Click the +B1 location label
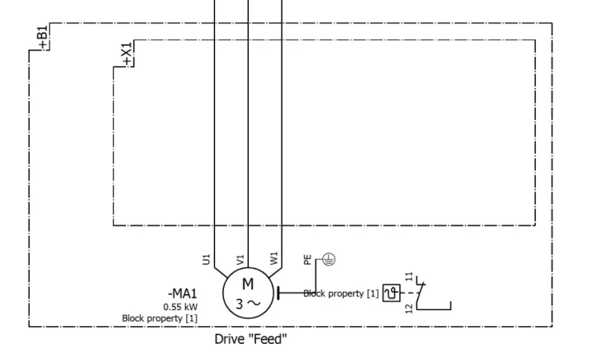point(43,38)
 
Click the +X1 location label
point(127,55)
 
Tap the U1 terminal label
point(206,260)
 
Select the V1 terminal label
point(240,260)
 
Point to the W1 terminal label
point(274,258)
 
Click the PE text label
point(308,260)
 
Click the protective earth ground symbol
point(329,260)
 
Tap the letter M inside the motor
point(248,284)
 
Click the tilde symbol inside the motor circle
point(253,303)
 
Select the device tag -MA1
point(182,293)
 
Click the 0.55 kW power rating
point(180,307)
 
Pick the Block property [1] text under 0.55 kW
point(160,318)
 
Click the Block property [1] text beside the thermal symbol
point(341,293)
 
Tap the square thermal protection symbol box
point(391,293)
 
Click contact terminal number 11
point(409,277)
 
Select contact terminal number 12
point(409,309)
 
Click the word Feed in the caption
point(269,339)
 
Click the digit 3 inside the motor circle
point(239,304)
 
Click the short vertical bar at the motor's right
point(278,293)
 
